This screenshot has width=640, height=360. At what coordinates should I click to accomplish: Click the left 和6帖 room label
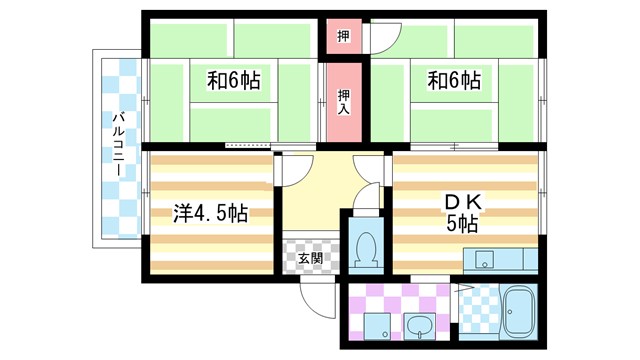pyautogui.click(x=233, y=81)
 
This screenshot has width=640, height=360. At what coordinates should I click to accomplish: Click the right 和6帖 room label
pyautogui.click(x=455, y=80)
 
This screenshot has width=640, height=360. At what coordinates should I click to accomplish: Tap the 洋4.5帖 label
pyautogui.click(x=210, y=213)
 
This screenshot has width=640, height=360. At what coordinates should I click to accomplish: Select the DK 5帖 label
pyautogui.click(x=462, y=212)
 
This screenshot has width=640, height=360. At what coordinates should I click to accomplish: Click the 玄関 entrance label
pyautogui.click(x=310, y=258)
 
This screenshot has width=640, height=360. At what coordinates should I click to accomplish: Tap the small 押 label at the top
pyautogui.click(x=343, y=36)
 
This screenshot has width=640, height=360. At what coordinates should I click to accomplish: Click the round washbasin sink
pyautogui.click(x=418, y=325)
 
